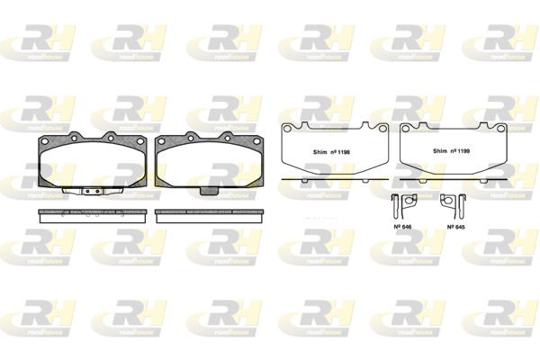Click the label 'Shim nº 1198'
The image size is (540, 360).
(x=329, y=152)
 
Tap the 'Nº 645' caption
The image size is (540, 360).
(x=456, y=227)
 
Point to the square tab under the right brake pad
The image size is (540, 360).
(x=211, y=190)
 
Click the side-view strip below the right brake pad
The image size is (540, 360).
(x=211, y=216)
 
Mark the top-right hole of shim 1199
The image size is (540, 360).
(x=500, y=129)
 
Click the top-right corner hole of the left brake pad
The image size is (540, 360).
(x=142, y=141)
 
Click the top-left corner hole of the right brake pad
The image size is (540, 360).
(x=162, y=141)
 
